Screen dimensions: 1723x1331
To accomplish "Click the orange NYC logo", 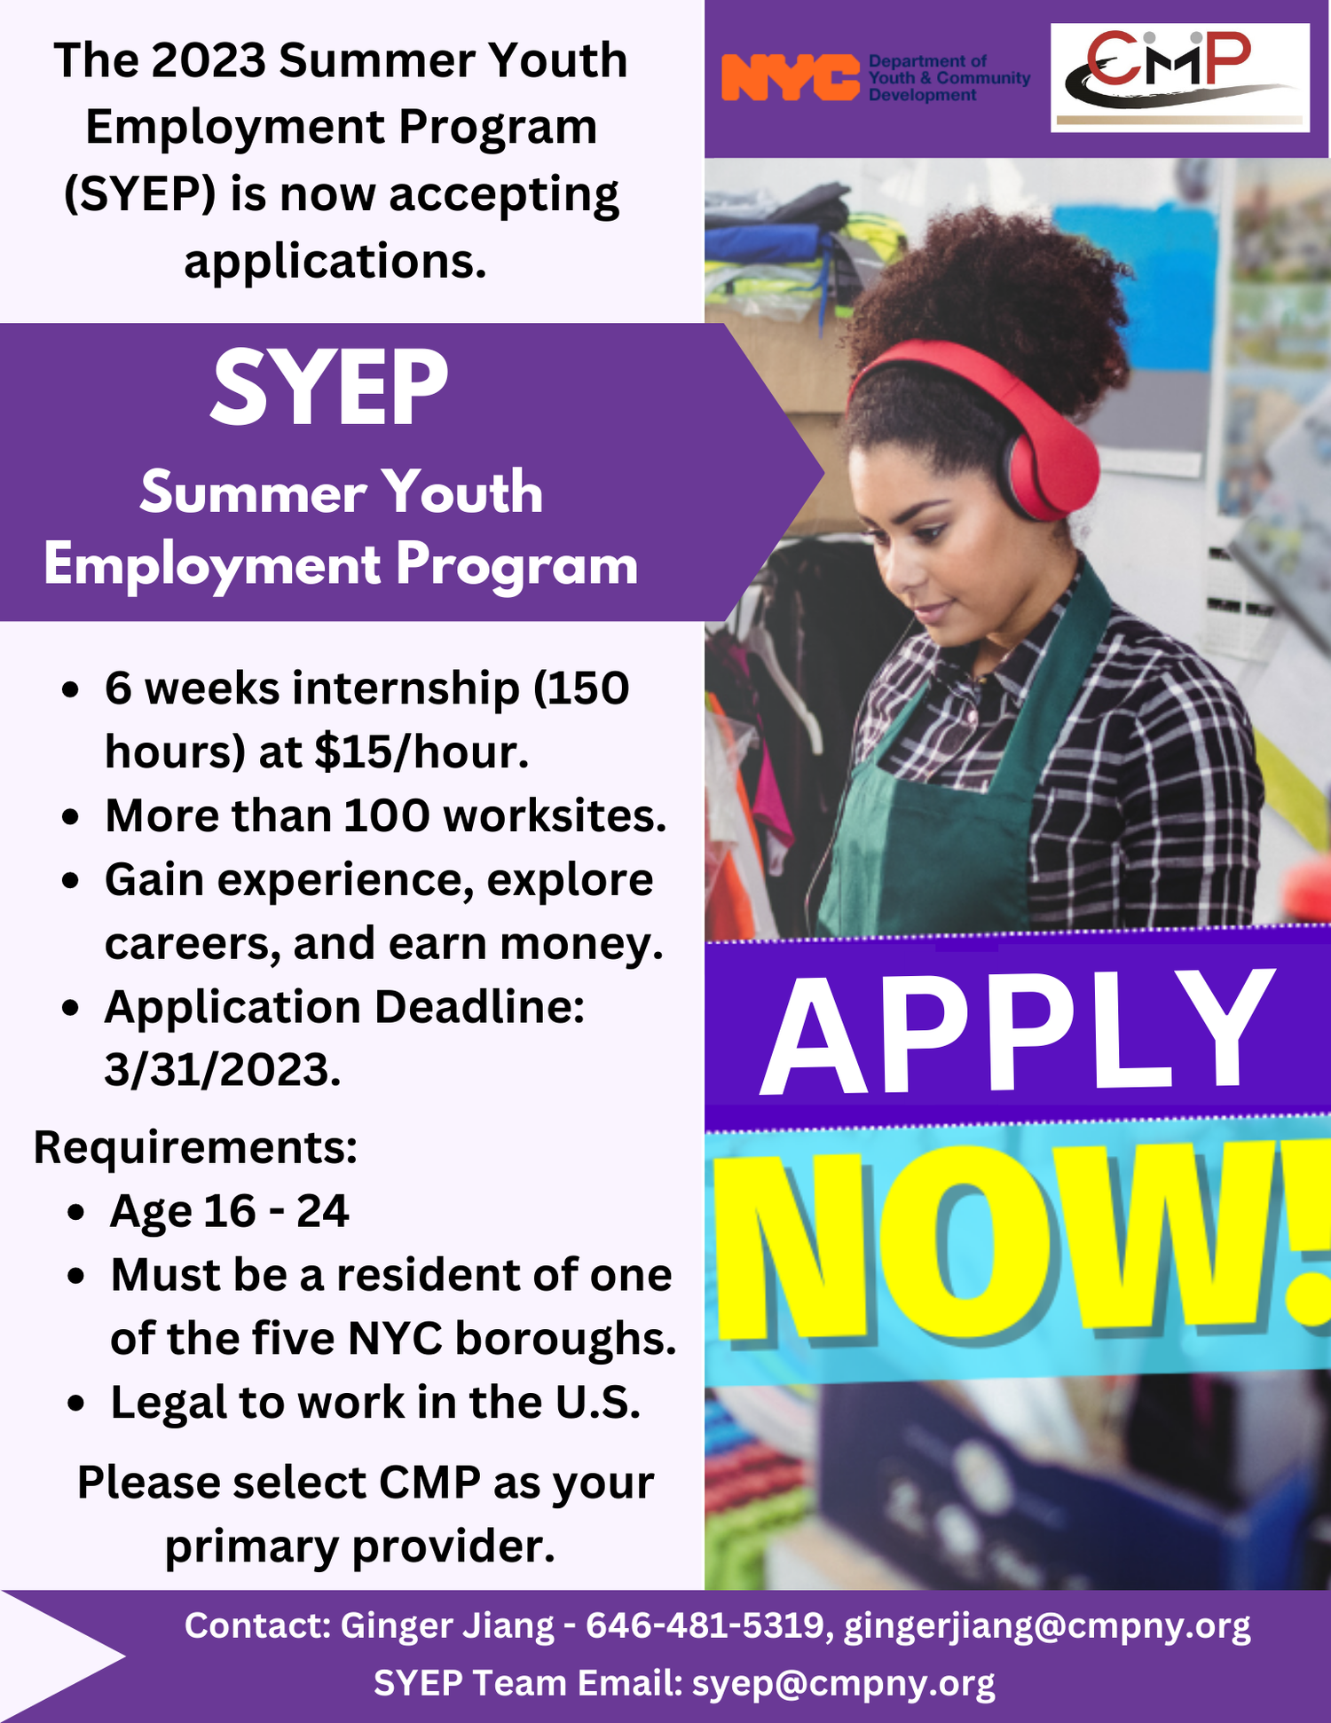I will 790,77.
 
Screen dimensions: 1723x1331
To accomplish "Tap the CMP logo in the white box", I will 1179,77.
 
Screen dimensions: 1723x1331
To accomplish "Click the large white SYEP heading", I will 329,389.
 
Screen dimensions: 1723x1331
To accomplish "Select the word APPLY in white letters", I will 1017,1033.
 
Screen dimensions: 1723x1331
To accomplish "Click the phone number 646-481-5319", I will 706,1625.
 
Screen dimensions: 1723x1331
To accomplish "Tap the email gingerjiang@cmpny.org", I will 1047,1625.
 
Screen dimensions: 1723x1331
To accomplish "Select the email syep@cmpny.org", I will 843,1683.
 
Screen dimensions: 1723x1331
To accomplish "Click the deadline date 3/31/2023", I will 222,1070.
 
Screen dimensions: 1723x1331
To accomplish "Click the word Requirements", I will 195,1147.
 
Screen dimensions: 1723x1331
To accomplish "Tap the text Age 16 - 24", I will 229,1211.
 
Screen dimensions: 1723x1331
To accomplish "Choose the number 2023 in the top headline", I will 209,60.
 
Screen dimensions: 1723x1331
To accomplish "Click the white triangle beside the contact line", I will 53,1656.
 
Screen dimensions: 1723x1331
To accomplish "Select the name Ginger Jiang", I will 447,1625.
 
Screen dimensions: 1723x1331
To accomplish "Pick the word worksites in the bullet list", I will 555,815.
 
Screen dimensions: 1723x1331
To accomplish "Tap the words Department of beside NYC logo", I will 927,61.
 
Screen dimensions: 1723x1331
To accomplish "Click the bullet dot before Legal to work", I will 77,1404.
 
